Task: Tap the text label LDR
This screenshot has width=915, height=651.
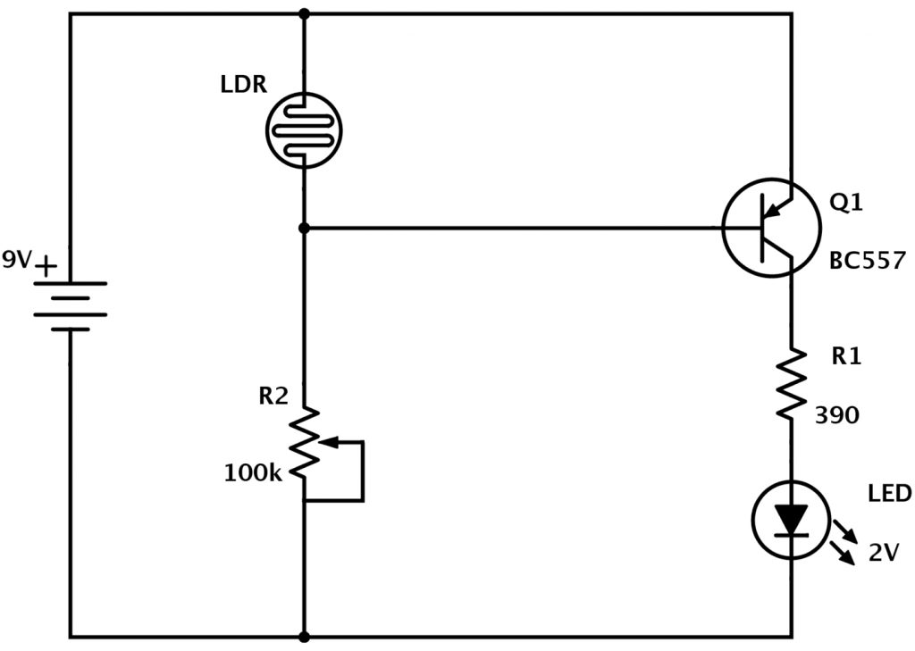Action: [244, 86]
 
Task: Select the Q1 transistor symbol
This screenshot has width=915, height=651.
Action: [769, 228]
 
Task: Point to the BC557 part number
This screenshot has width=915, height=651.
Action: [869, 261]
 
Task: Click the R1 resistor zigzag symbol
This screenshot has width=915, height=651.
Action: [791, 383]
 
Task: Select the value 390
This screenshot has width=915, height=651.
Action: [836, 414]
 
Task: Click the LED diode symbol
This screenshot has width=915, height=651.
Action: [790, 520]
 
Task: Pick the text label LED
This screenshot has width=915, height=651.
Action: [889, 494]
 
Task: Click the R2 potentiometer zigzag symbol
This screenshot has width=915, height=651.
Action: [305, 441]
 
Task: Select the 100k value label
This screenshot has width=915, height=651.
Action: [253, 472]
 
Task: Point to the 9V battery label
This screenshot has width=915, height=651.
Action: [17, 260]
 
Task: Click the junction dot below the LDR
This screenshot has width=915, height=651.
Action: [305, 229]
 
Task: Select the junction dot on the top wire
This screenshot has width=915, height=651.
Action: [305, 13]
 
